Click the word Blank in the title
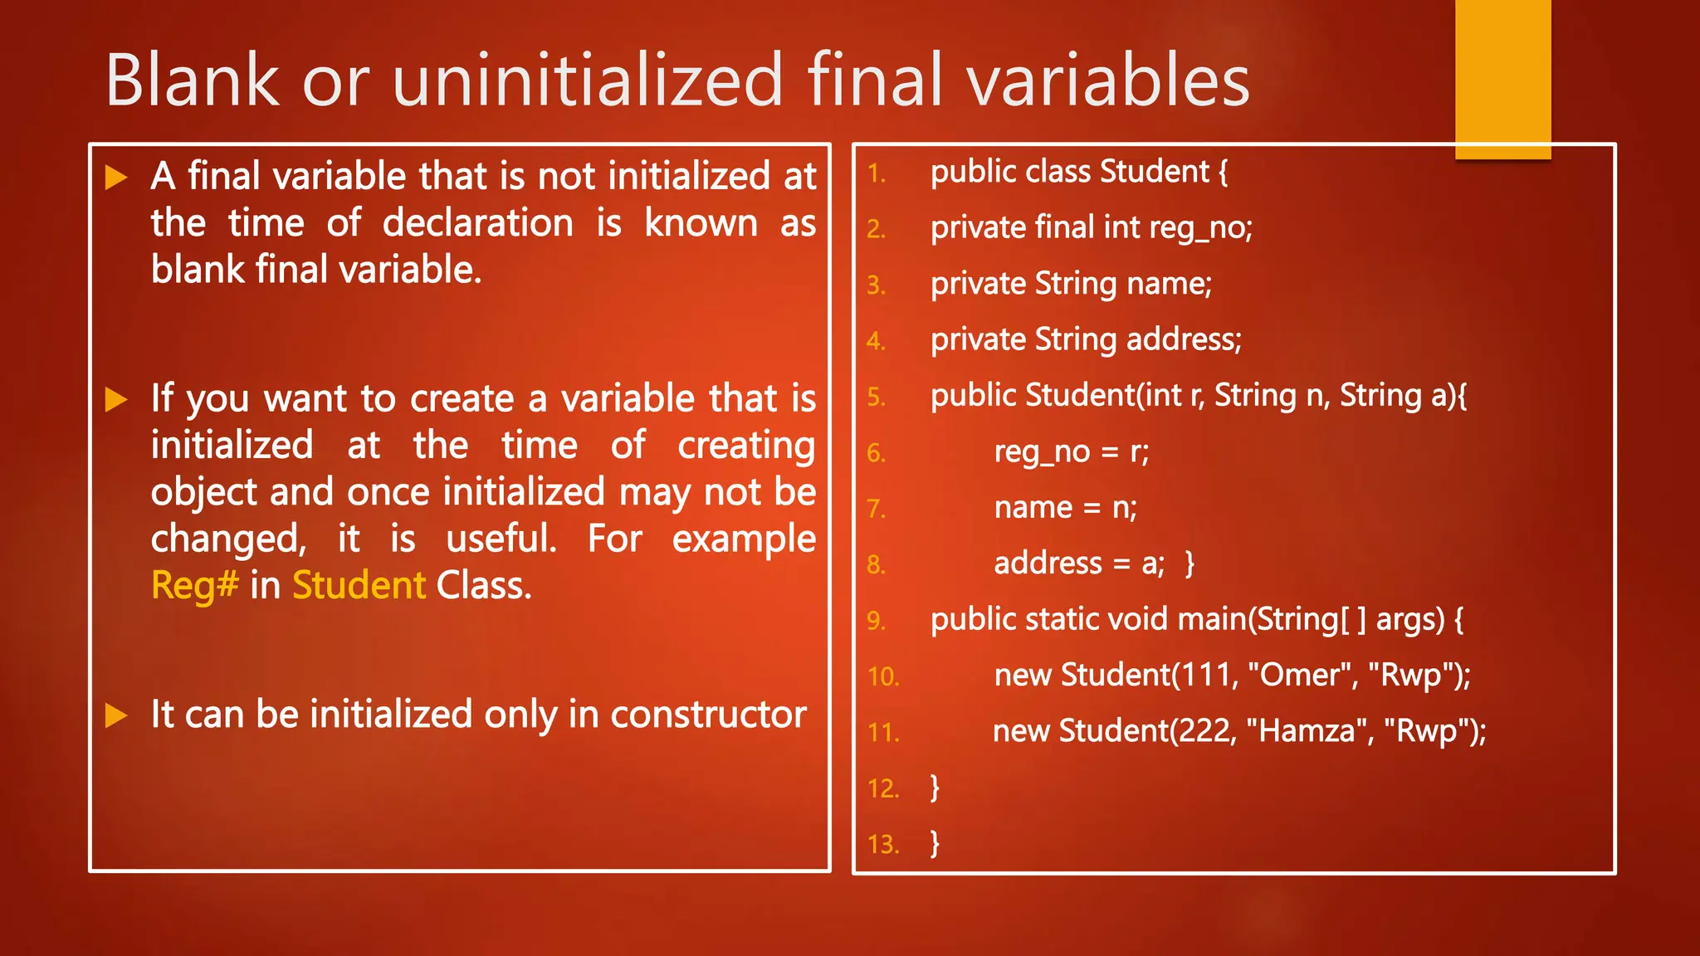193,80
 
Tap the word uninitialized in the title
588,80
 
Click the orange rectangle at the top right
1502,79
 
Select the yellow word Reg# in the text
195,586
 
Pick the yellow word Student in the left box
359,586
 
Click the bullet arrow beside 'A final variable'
116,178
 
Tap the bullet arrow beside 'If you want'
116,400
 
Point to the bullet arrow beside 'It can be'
116,715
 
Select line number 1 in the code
877,173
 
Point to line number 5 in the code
877,398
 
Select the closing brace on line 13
935,843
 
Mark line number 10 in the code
883,677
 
